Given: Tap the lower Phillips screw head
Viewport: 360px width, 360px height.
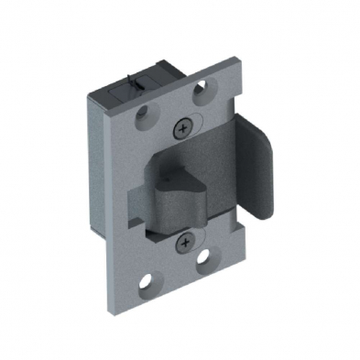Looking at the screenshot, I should click(187, 242).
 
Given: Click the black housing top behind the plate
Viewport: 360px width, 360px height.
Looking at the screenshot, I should click(137, 77).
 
